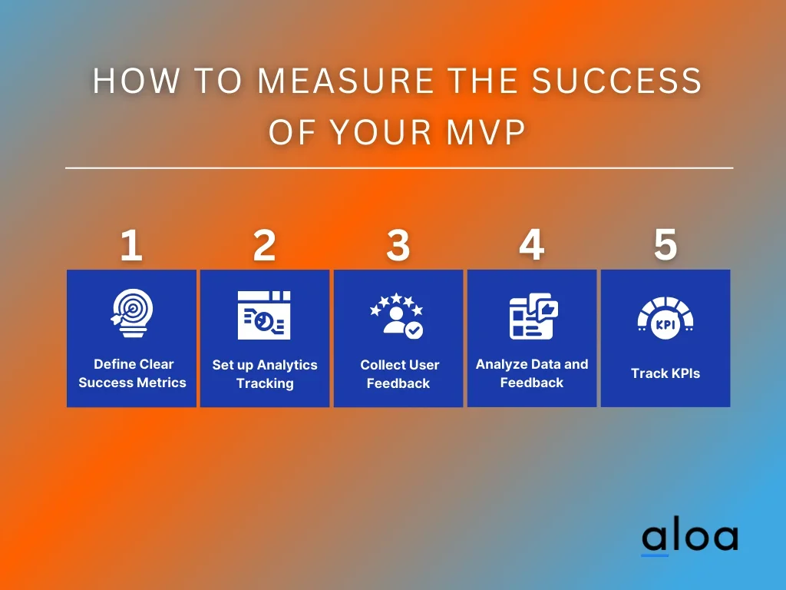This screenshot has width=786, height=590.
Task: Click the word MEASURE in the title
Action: (x=345, y=81)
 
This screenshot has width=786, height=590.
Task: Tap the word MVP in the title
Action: (x=486, y=132)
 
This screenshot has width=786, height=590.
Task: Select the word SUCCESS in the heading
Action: (x=616, y=81)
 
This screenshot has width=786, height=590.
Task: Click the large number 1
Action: (x=131, y=245)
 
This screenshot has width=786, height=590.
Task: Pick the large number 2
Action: (x=265, y=245)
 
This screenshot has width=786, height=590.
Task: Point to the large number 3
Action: (x=398, y=245)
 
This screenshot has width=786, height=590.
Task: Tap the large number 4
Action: (x=531, y=245)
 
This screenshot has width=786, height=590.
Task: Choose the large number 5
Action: (x=665, y=245)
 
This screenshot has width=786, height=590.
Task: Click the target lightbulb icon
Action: (x=132, y=313)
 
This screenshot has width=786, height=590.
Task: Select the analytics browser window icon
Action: (x=264, y=315)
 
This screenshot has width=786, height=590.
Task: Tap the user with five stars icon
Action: (x=397, y=316)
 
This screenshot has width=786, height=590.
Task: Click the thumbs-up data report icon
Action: (x=533, y=316)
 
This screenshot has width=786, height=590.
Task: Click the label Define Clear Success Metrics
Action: (x=132, y=373)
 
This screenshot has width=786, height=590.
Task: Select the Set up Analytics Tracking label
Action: (x=265, y=374)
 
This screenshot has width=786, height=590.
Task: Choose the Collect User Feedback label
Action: (x=399, y=374)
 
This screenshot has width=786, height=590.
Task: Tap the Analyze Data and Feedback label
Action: (x=532, y=373)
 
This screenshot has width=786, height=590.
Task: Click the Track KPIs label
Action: (x=665, y=373)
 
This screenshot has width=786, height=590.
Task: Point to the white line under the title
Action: (x=399, y=167)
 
